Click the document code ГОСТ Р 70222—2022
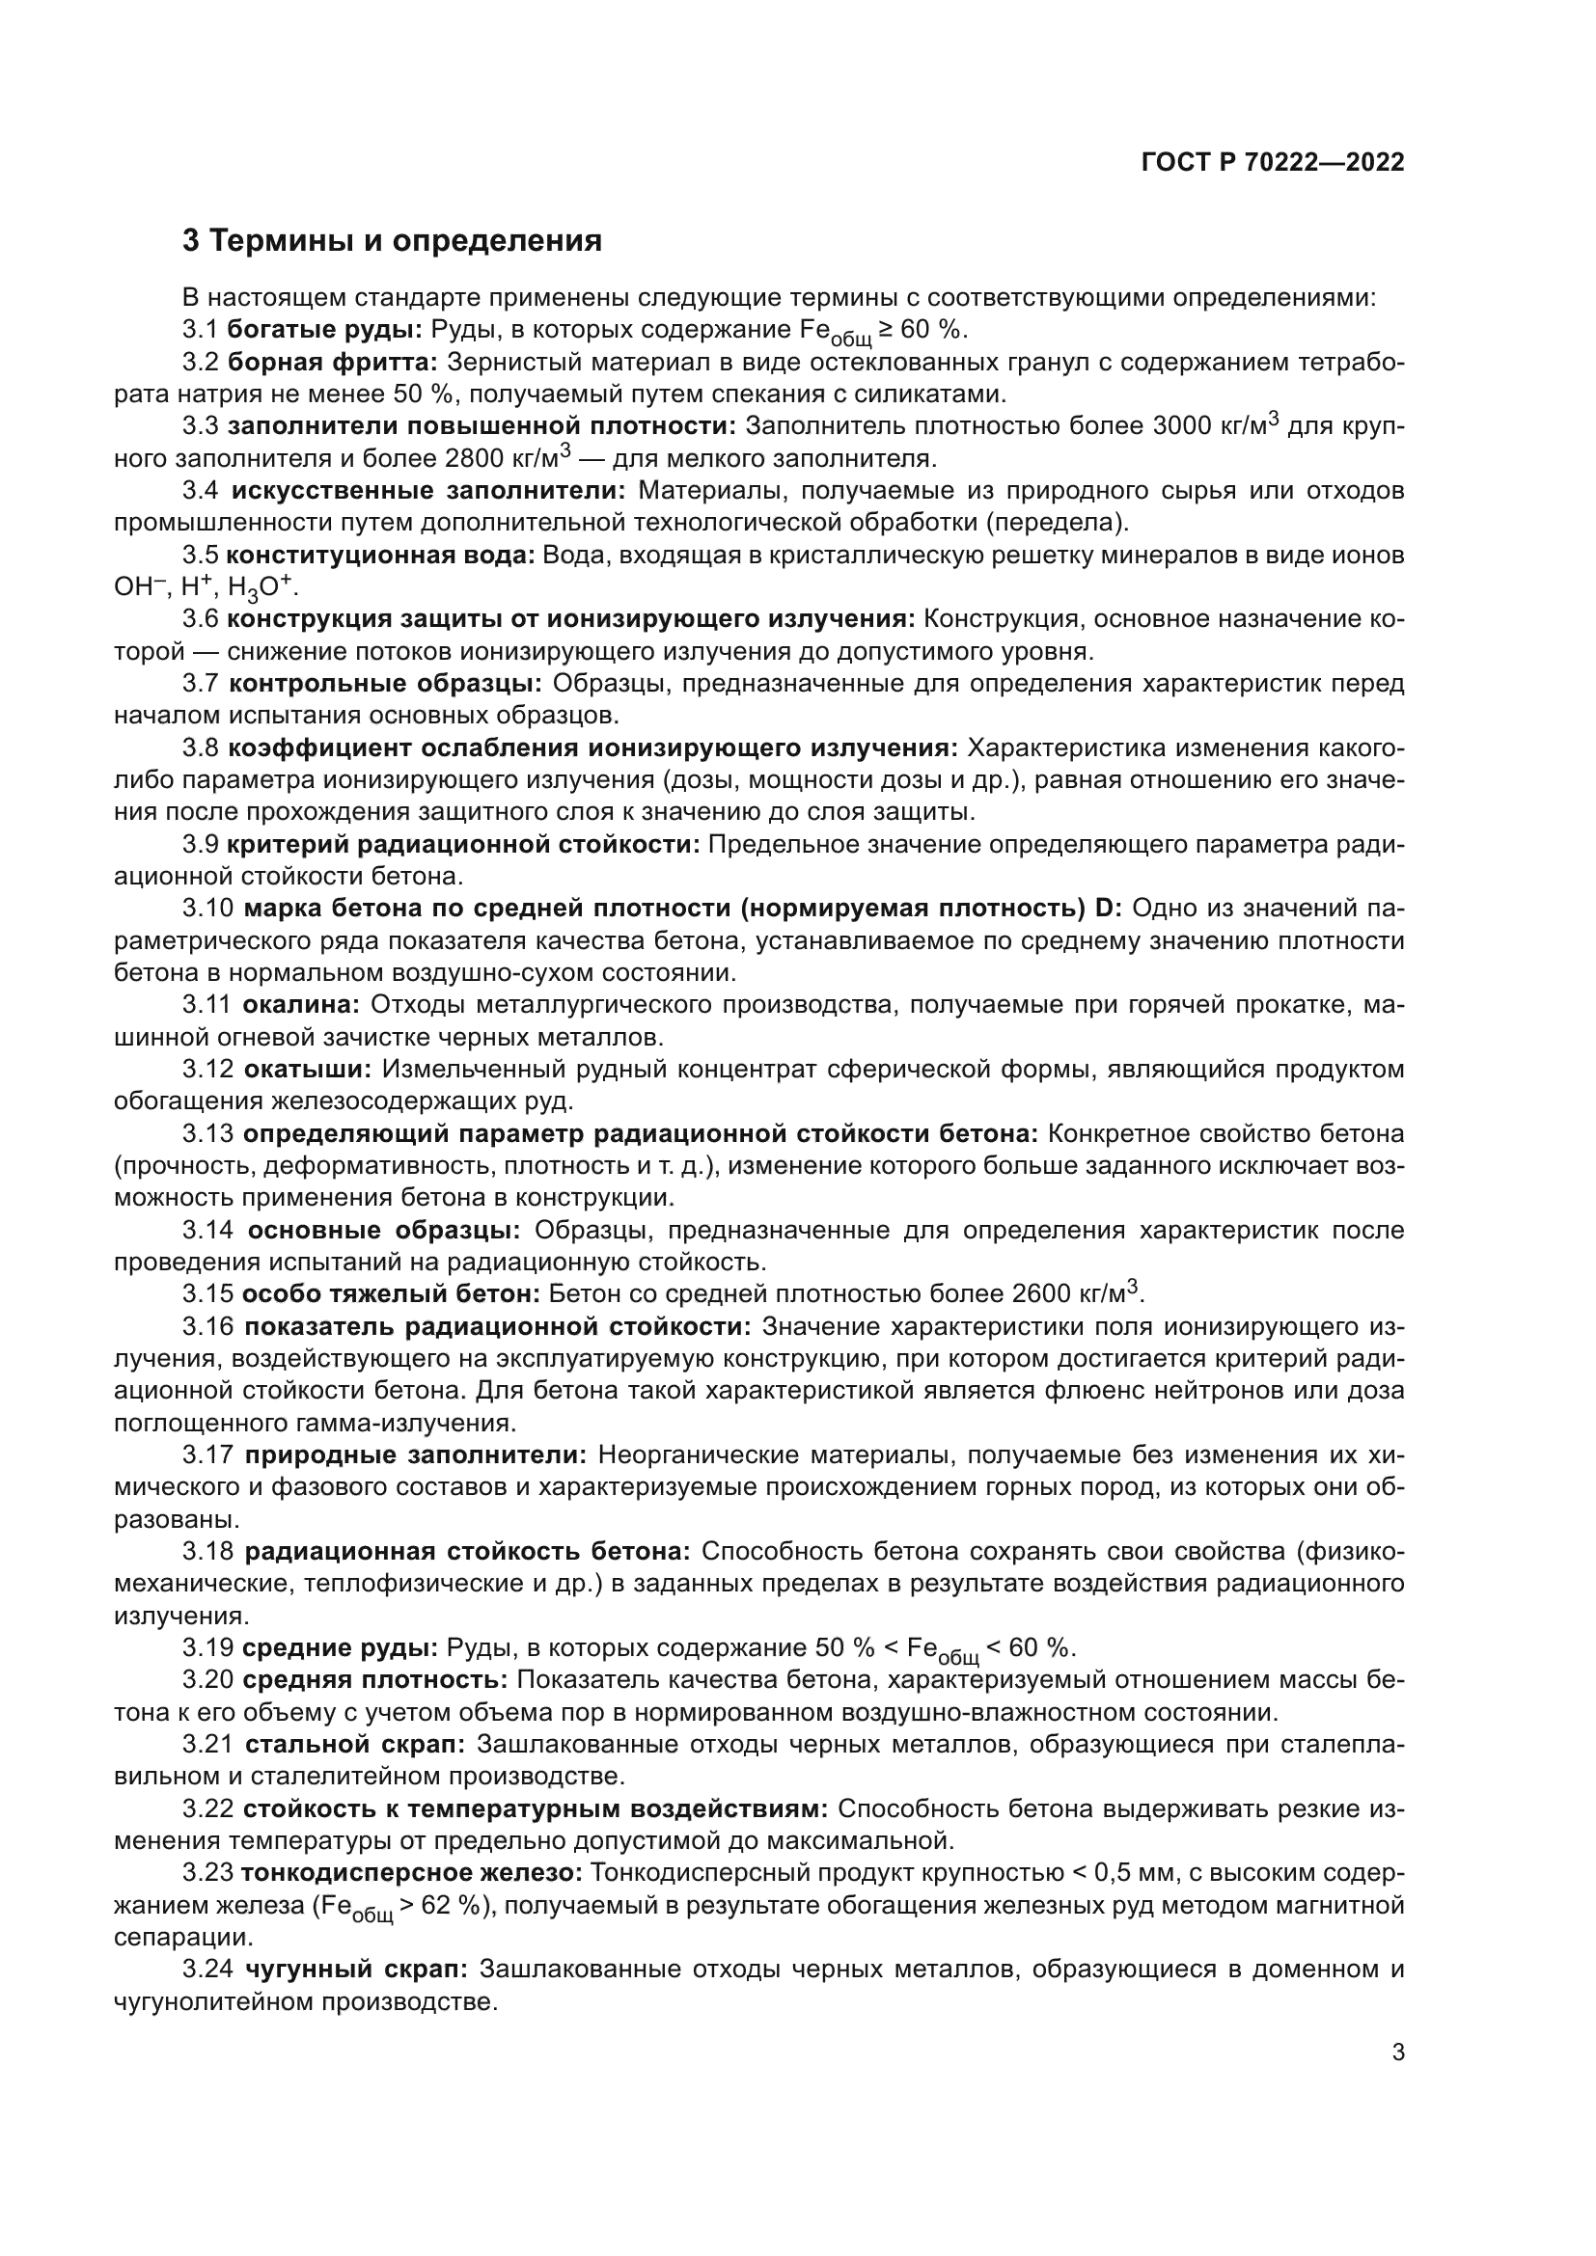(x=1273, y=162)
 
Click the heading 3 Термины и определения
(x=391, y=241)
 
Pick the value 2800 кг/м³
(x=509, y=459)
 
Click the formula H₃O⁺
(x=261, y=587)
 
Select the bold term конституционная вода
(x=381, y=556)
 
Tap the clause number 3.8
(x=201, y=748)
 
